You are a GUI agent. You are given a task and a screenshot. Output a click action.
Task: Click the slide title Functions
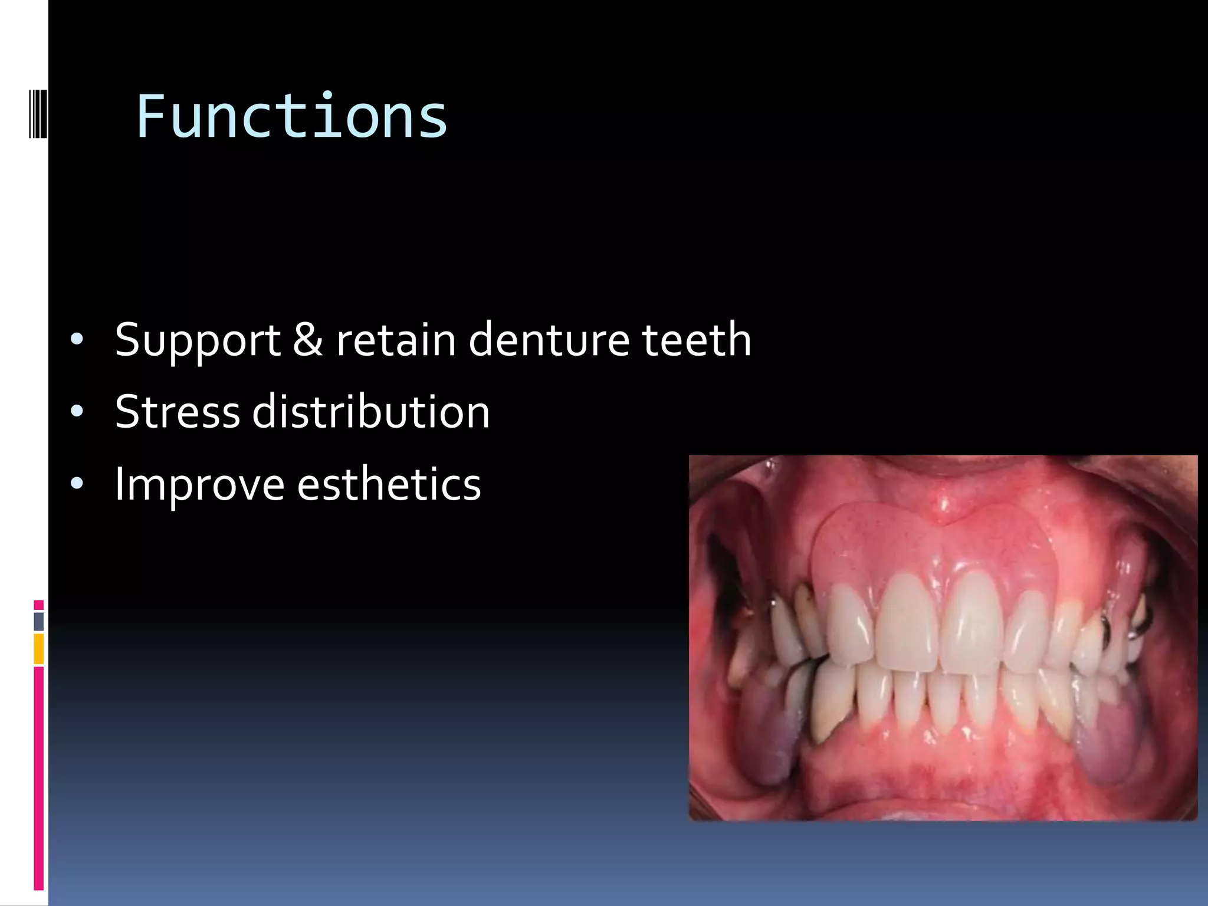pyautogui.click(x=291, y=117)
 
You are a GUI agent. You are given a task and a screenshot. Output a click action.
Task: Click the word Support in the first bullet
pyautogui.click(x=198, y=341)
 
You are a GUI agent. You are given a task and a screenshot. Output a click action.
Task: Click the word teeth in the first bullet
pyautogui.click(x=696, y=340)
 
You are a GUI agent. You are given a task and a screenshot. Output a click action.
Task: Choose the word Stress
pyautogui.click(x=177, y=412)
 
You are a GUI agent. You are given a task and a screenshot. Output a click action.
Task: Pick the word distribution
pyautogui.click(x=371, y=412)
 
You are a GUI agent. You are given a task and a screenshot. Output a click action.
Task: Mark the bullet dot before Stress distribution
pyautogui.click(x=77, y=412)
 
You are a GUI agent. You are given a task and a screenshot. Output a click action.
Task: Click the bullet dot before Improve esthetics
pyautogui.click(x=77, y=484)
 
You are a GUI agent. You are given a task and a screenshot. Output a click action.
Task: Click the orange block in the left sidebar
pyautogui.click(x=38, y=648)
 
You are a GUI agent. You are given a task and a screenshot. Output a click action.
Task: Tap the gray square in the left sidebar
pyautogui.click(x=38, y=621)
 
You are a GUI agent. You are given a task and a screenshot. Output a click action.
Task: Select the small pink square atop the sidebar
pyautogui.click(x=38, y=605)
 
